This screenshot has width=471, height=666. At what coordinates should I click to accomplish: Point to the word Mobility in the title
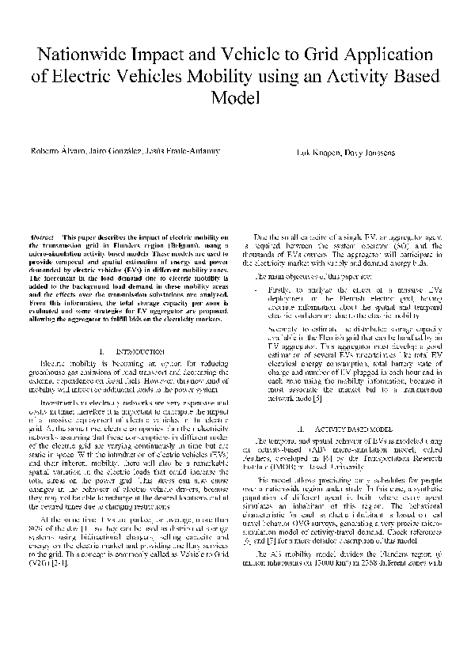[255, 77]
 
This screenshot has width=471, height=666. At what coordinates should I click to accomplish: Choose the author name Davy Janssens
[366, 151]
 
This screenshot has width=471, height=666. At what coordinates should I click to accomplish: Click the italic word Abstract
[42, 237]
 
